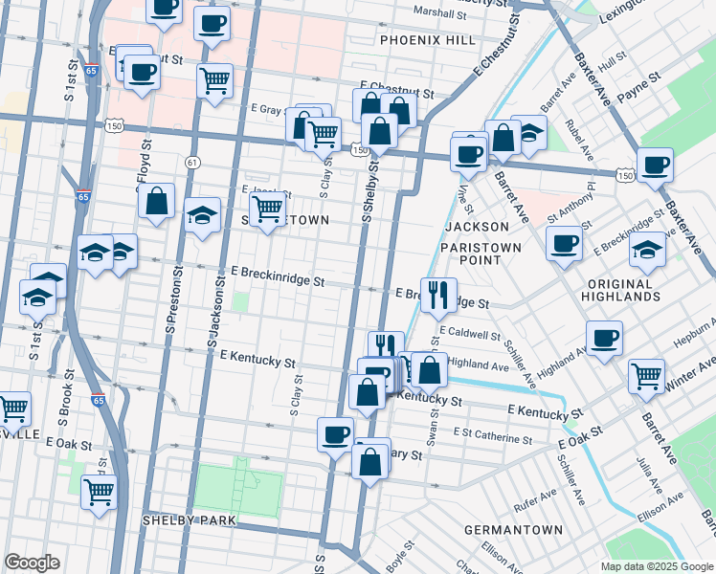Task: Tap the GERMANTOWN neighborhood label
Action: click(x=513, y=529)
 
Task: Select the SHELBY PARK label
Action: click(x=189, y=519)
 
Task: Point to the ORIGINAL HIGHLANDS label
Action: click(x=621, y=291)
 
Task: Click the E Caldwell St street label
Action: click(x=470, y=336)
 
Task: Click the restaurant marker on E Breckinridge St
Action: click(x=438, y=295)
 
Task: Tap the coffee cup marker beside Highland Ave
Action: click(x=604, y=338)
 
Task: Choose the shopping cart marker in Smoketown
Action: click(x=268, y=209)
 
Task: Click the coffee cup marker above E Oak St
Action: click(x=335, y=433)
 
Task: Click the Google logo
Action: click(x=33, y=563)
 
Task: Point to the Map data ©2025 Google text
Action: click(x=656, y=565)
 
